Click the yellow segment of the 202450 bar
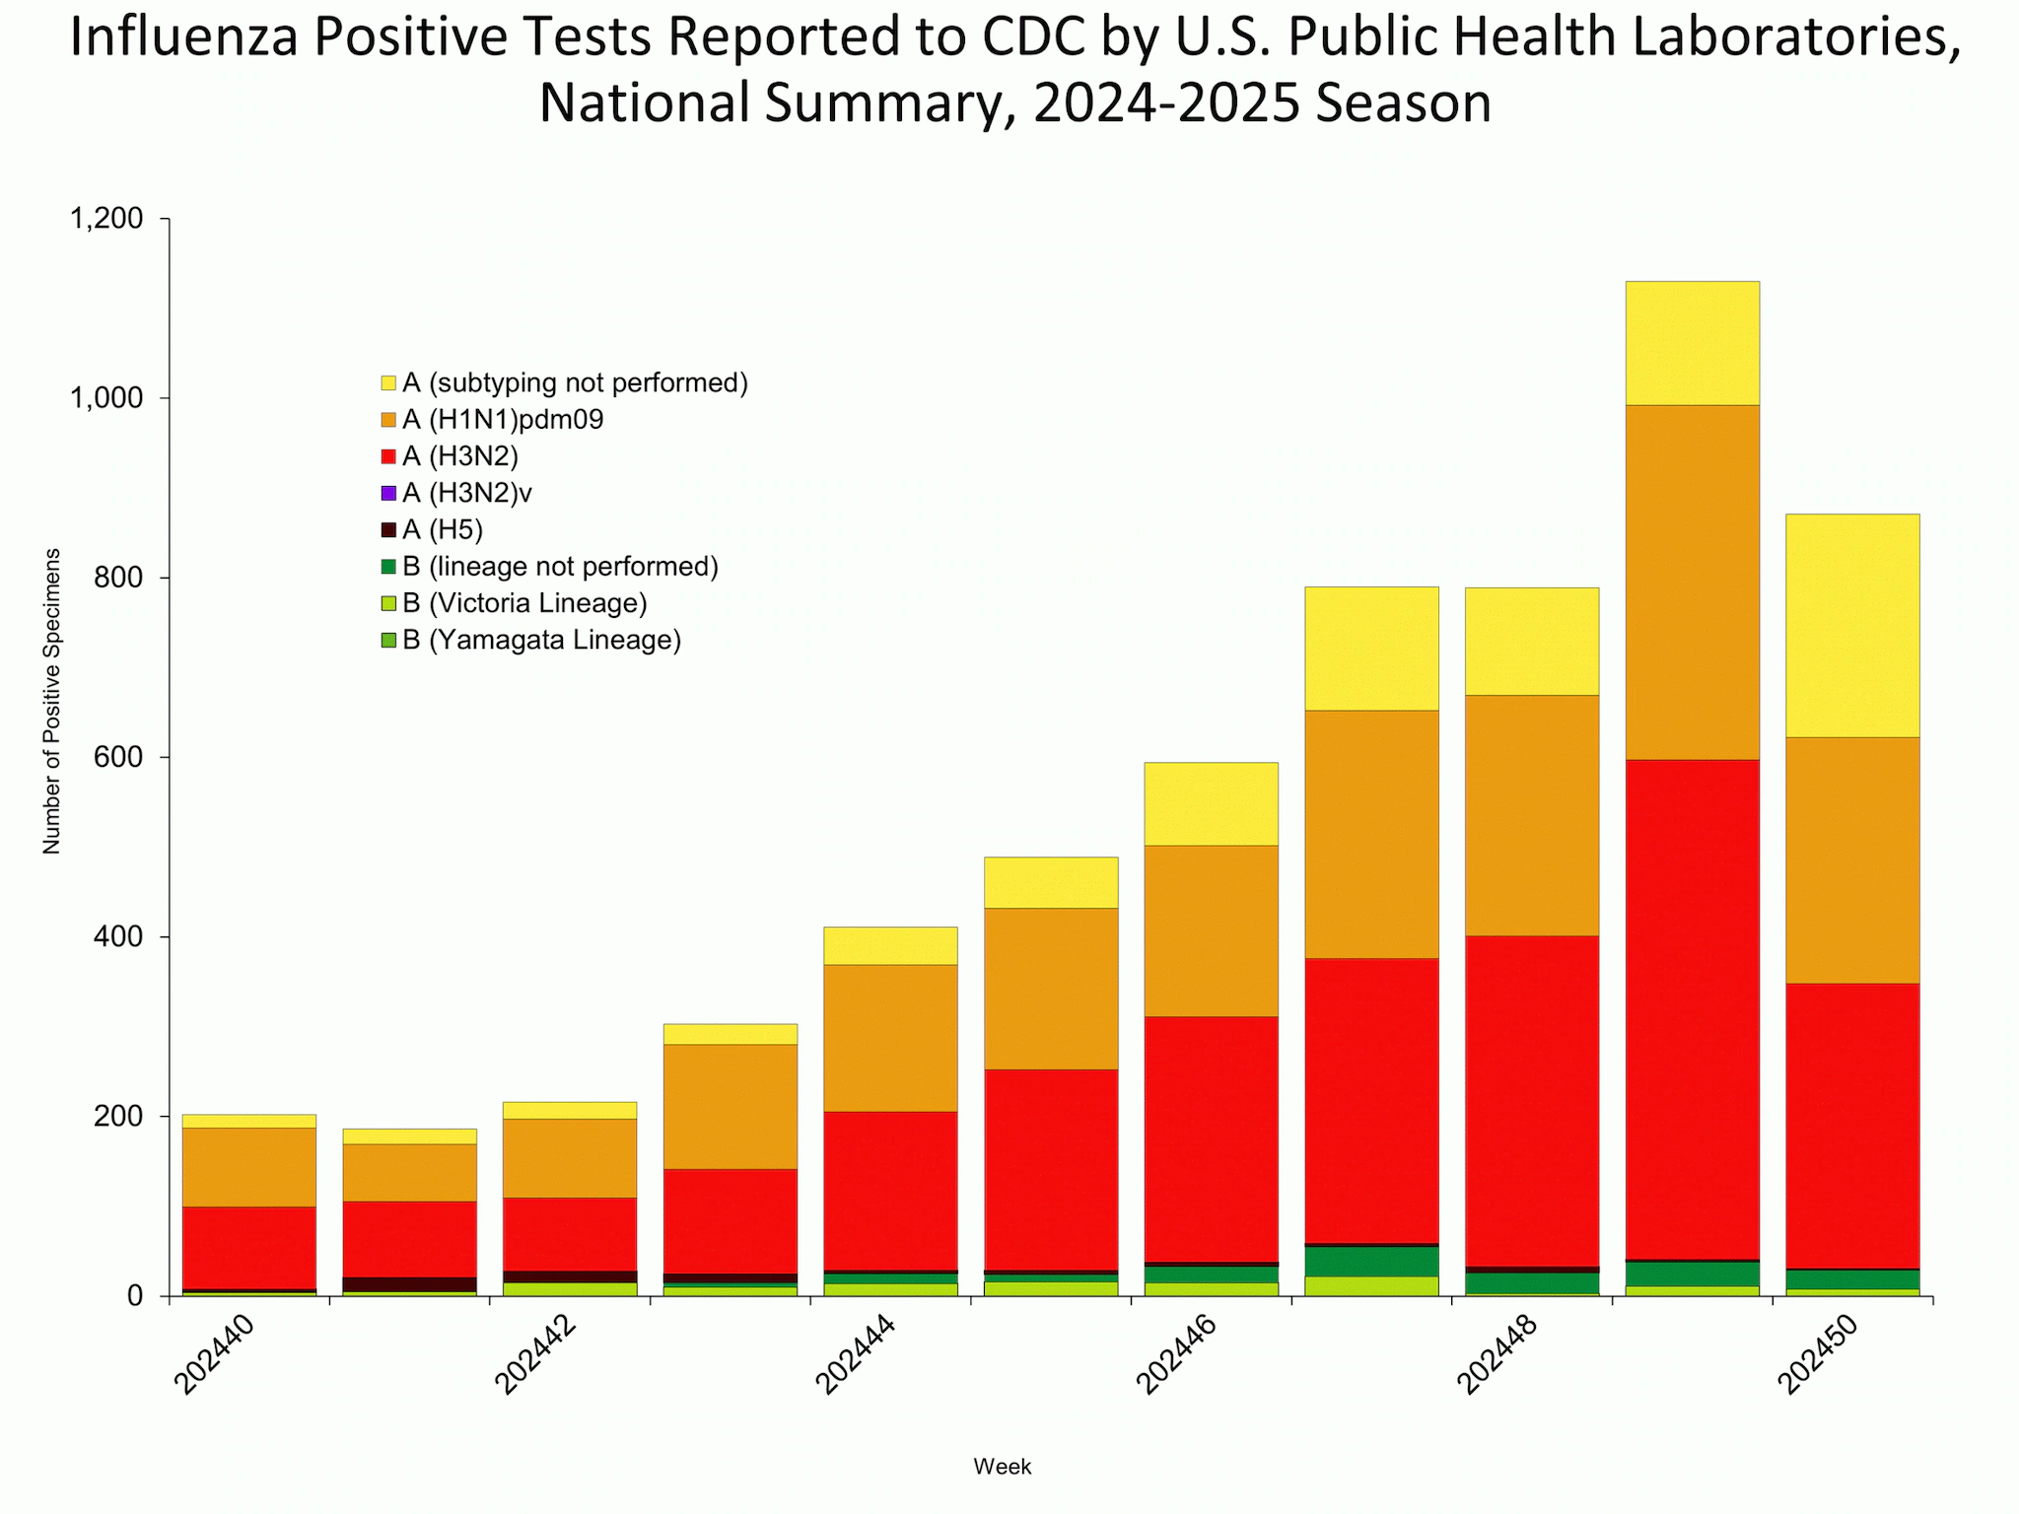1852,625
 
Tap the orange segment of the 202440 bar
249,1166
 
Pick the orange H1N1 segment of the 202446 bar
1211,929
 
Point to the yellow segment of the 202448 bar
1531,641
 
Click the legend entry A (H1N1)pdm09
503,420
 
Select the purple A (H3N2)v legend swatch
388,493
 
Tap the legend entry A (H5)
442,530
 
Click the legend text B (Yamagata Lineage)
541,641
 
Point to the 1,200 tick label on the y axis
106,218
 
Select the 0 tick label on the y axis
135,1296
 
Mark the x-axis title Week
1002,1467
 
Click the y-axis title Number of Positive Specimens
51,700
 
